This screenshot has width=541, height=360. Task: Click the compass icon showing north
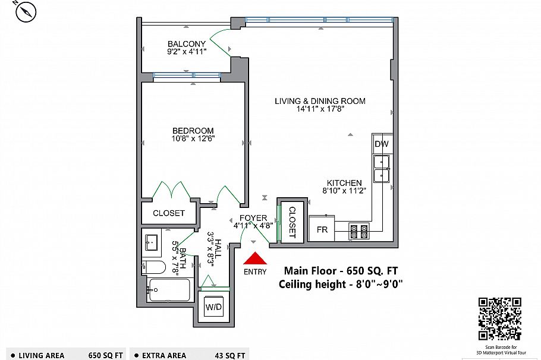(27, 12)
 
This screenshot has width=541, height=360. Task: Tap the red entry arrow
(255, 258)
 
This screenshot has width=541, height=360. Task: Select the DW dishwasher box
(381, 144)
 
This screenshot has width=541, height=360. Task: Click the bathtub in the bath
(169, 290)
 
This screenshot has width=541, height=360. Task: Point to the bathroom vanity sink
(151, 242)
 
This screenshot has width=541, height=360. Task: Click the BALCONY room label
(186, 44)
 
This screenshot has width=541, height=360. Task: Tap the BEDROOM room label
(193, 131)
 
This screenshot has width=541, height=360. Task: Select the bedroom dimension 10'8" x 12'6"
(193, 139)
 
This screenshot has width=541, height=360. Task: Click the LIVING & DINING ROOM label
(320, 101)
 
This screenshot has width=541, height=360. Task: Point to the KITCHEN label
(344, 183)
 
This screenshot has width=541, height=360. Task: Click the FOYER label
(253, 218)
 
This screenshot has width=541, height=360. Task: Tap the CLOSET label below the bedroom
(169, 213)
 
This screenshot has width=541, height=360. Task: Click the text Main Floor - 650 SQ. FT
(341, 270)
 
